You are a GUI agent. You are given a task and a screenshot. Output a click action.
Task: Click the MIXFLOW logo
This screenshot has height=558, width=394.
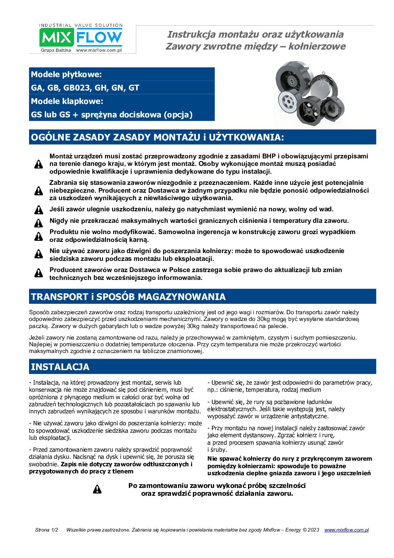(x=81, y=37)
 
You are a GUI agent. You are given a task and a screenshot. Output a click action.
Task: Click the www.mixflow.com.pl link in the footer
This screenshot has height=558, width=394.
(x=346, y=530)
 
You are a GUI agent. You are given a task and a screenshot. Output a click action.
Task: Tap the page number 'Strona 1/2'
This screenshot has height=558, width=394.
(x=47, y=530)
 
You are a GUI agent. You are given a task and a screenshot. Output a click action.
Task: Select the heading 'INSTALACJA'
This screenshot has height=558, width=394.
(x=60, y=367)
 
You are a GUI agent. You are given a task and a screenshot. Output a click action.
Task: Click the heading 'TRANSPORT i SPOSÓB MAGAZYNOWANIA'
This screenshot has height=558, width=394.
(x=128, y=297)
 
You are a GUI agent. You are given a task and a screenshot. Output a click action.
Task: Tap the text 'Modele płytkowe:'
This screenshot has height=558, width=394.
(x=66, y=74)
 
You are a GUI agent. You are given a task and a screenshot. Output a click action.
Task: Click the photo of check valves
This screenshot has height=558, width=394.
(x=309, y=94)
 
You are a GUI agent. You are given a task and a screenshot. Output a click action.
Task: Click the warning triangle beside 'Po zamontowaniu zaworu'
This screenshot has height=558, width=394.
(x=97, y=489)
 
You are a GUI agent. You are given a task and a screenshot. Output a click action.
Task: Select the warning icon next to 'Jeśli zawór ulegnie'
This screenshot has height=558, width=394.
(x=39, y=209)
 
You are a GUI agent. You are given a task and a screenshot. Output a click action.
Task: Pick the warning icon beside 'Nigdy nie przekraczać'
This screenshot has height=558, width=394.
(x=39, y=223)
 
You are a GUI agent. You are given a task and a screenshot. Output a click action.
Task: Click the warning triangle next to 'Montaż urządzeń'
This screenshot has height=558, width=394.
(x=39, y=164)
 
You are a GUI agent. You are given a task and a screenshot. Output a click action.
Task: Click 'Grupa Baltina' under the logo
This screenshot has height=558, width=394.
(x=56, y=50)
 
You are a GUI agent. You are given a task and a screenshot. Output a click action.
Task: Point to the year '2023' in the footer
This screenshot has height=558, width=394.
(x=313, y=530)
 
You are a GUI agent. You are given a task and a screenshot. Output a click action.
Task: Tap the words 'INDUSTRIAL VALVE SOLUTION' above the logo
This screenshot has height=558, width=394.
(x=81, y=25)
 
